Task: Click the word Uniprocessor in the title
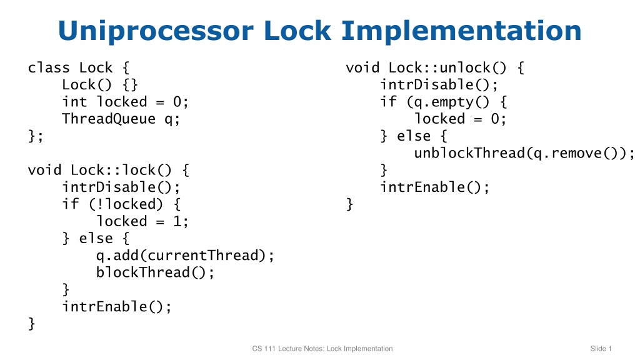(x=156, y=31)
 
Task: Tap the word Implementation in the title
(x=461, y=31)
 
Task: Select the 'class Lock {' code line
(x=79, y=67)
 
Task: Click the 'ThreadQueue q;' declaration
(x=121, y=119)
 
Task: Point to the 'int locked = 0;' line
(x=125, y=102)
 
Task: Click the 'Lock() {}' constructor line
(x=100, y=84)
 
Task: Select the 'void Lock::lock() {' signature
(x=109, y=170)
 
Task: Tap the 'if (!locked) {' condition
(x=121, y=204)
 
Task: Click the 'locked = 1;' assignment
(x=142, y=221)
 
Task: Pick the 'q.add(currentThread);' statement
(x=185, y=256)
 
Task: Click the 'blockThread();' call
(x=155, y=272)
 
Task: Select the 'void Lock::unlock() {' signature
(x=435, y=67)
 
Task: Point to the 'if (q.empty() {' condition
(x=444, y=102)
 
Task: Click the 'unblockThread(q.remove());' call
(x=524, y=153)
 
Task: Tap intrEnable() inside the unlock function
(x=435, y=187)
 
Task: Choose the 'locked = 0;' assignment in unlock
(x=461, y=119)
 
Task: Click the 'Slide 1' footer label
(x=601, y=349)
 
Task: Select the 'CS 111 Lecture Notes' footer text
(x=287, y=349)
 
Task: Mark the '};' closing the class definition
(x=36, y=136)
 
